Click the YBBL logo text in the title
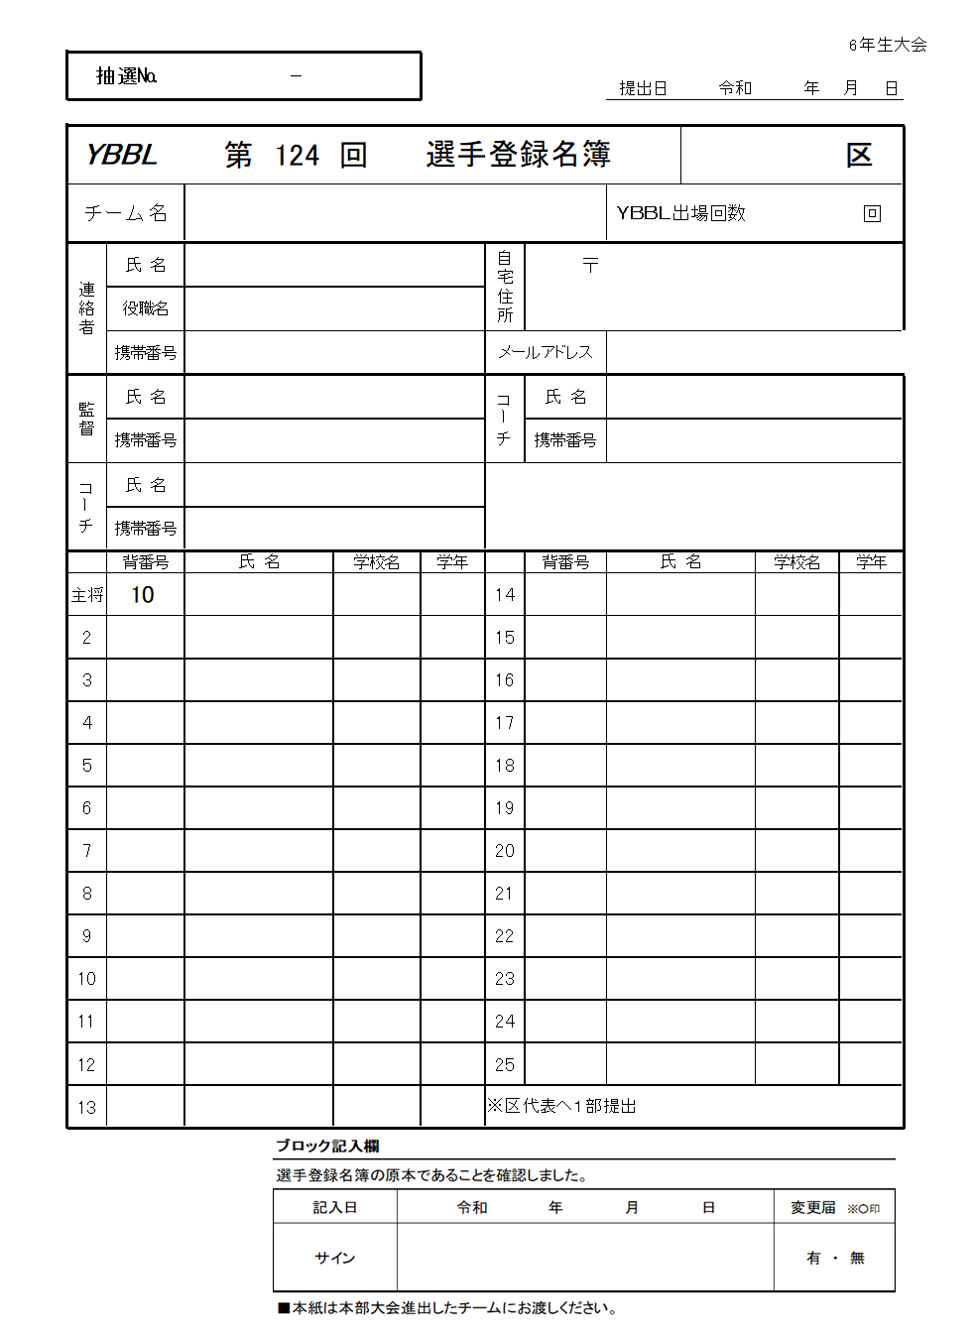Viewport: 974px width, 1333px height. [x=121, y=155]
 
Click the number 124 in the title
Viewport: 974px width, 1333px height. [x=298, y=156]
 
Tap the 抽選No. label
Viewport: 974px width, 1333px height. [x=126, y=76]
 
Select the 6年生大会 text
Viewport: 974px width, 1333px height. [x=888, y=45]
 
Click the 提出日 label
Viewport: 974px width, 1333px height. [x=643, y=88]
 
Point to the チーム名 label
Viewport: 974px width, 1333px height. [x=126, y=213]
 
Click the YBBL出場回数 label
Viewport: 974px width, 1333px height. [x=680, y=213]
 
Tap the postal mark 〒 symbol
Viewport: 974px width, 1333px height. [x=590, y=265]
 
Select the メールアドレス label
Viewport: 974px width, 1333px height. [x=546, y=352]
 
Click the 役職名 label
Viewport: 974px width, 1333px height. [x=146, y=308]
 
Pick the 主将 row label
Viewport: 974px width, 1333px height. [x=87, y=595]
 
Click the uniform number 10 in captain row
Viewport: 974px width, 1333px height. [x=143, y=595]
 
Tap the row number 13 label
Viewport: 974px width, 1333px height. [x=87, y=1108]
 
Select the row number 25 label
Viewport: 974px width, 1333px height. [x=505, y=1065]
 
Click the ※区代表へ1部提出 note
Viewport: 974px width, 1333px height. [x=561, y=1106]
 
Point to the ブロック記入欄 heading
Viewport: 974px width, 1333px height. [x=327, y=1146]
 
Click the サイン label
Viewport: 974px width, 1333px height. [x=335, y=1258]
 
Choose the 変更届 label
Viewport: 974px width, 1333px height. [x=812, y=1207]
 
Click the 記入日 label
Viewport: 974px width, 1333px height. [x=335, y=1207]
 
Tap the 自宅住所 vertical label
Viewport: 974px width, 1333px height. [x=505, y=287]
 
